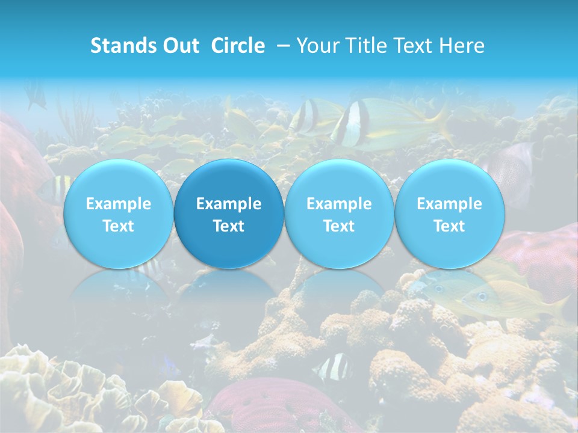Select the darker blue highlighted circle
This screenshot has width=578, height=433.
(x=229, y=213)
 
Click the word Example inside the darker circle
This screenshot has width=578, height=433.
(x=229, y=204)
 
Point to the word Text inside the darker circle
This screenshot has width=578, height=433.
(x=229, y=226)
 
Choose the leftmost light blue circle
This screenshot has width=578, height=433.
(x=118, y=213)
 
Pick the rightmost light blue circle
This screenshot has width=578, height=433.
(x=449, y=213)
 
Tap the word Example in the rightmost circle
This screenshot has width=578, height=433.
(x=449, y=204)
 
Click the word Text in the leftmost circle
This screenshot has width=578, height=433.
(x=118, y=226)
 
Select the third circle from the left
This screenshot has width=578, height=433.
(x=339, y=213)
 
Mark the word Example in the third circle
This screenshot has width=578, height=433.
(x=339, y=204)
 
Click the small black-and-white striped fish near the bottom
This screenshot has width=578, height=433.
(x=332, y=367)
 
